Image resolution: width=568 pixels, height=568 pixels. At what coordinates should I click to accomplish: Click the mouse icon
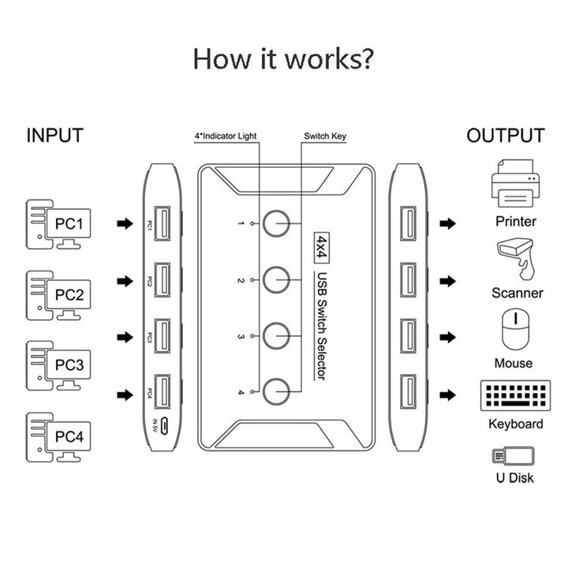point(514,330)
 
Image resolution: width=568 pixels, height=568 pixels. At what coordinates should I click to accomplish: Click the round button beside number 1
point(276,225)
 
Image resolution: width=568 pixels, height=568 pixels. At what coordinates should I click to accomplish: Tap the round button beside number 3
point(276,336)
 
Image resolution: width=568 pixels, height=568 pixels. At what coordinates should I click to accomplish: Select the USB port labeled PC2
point(160,279)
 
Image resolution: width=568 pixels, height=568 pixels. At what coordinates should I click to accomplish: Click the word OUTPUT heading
point(505,136)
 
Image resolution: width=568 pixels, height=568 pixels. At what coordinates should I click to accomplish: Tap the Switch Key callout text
point(325,136)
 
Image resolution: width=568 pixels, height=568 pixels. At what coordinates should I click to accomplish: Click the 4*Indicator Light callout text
point(226,136)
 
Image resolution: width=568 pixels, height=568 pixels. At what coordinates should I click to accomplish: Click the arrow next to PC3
point(124,337)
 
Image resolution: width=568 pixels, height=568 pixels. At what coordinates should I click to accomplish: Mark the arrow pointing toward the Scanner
point(448,280)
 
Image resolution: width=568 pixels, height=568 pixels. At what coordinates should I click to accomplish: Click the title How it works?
point(284,59)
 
